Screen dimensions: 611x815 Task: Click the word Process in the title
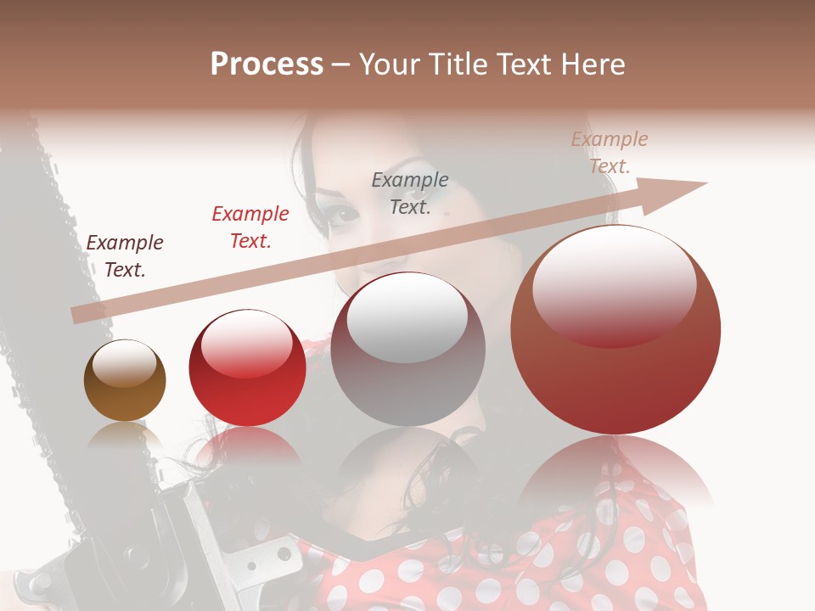pos(267,64)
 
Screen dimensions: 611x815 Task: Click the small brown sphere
pos(125,380)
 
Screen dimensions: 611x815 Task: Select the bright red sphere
pos(247,368)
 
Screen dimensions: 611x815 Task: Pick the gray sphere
pos(407,350)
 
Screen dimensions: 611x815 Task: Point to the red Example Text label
pos(250,227)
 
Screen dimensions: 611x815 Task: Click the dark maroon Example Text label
pos(125,256)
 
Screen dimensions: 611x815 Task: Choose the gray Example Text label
pos(410,193)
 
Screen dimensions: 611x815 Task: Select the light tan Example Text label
pos(610,153)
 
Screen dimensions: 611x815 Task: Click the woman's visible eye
pos(343,213)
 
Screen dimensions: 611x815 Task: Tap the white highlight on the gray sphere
pos(407,317)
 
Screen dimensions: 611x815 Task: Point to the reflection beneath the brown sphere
pos(125,437)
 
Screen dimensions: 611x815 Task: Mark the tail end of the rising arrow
pos(75,316)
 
